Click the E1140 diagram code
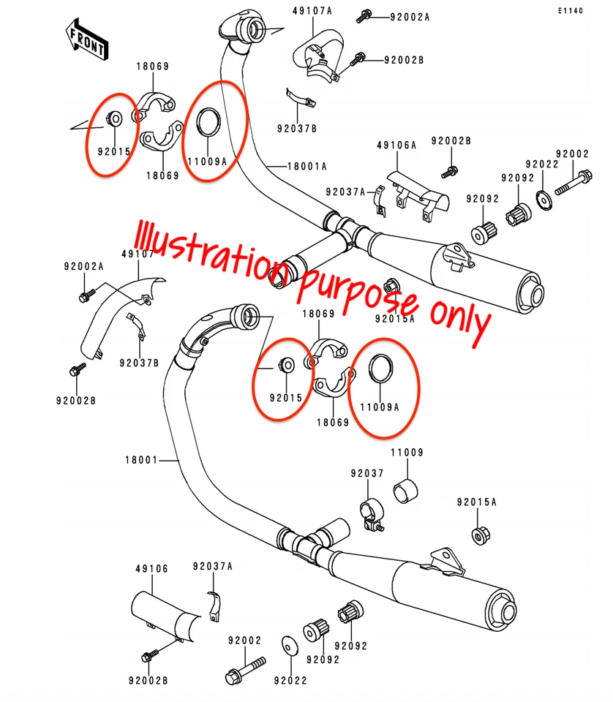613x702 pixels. [571, 11]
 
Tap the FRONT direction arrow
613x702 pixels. [87, 39]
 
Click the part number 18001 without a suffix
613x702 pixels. [140, 460]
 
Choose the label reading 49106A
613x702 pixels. [396, 146]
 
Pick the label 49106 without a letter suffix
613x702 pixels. [151, 568]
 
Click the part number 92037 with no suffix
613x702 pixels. [366, 474]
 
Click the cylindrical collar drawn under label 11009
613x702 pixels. [405, 491]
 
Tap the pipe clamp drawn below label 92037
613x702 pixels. [371, 511]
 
